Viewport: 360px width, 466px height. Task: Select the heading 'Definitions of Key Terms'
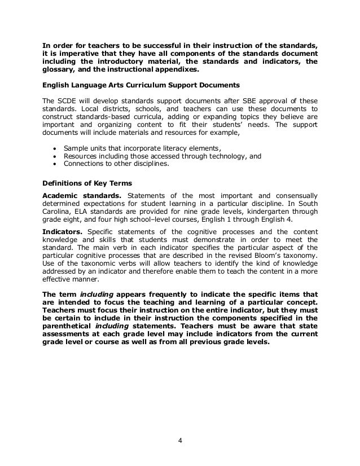point(84,182)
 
